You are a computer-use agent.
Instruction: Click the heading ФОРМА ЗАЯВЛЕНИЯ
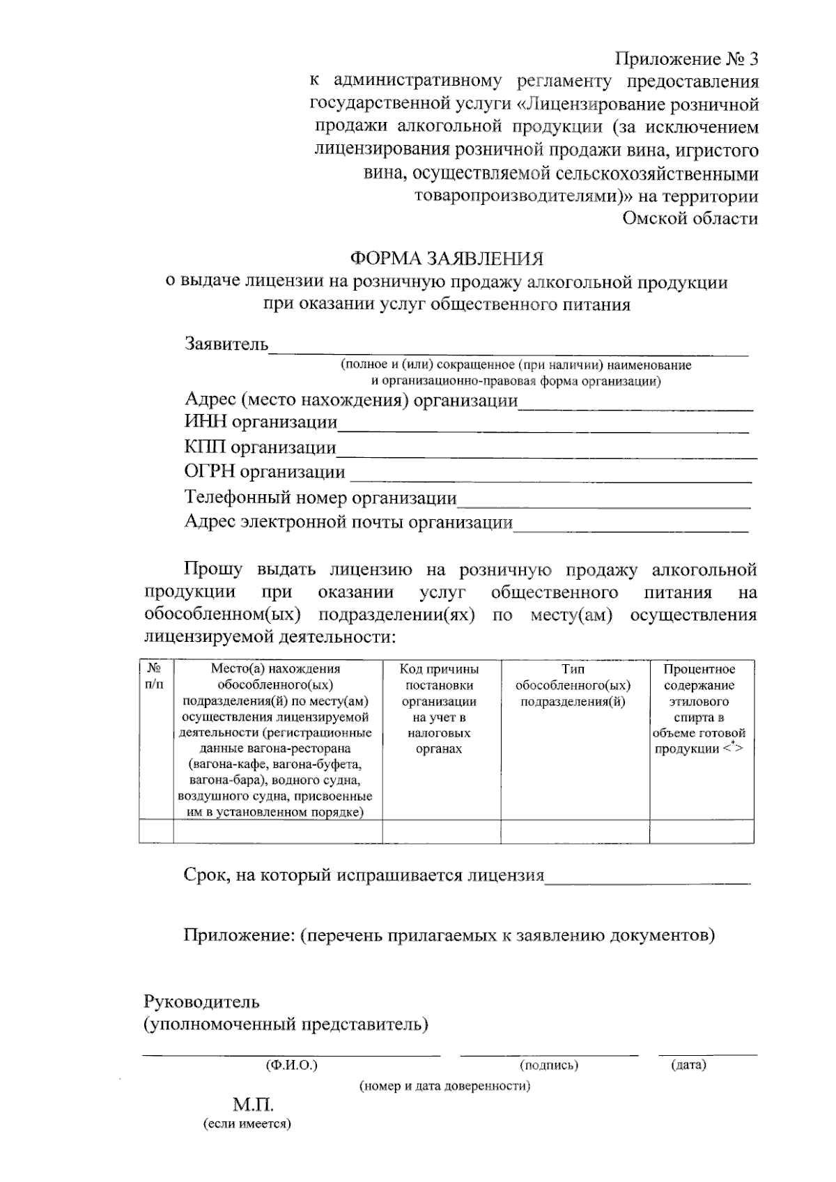[446, 259]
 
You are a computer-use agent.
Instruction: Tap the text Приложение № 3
[686, 59]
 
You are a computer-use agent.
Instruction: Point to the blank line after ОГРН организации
[550, 479]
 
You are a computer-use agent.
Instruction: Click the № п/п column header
[155, 677]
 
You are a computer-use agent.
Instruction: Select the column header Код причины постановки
[439, 709]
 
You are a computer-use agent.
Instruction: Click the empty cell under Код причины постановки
[441, 831]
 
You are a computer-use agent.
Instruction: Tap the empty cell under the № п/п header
[155, 831]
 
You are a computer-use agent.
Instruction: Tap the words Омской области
[690, 219]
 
